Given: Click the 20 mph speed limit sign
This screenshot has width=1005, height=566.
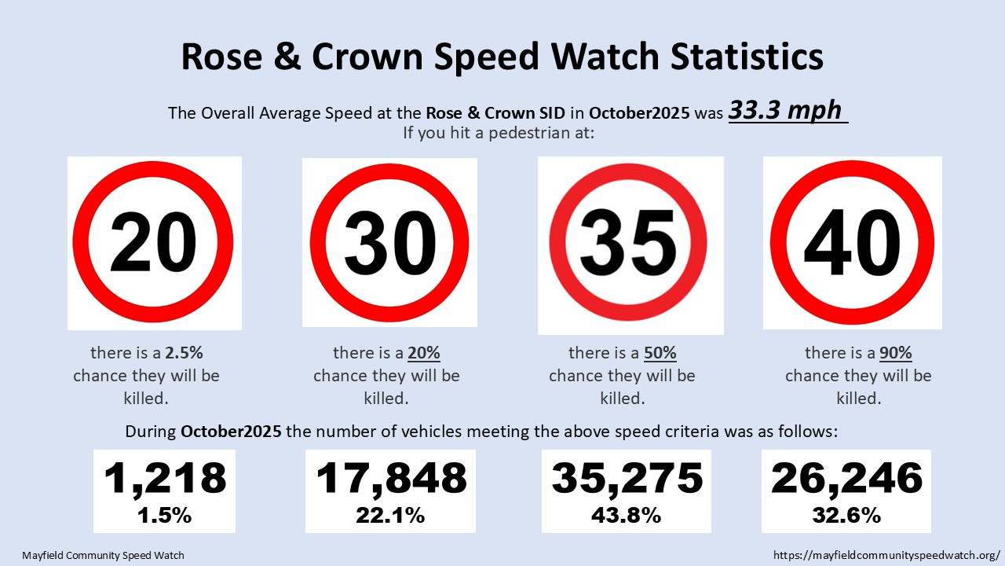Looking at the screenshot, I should [154, 243].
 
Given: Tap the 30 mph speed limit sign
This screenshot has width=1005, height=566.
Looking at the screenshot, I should [389, 243].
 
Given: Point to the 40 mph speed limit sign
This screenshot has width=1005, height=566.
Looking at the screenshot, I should [852, 243].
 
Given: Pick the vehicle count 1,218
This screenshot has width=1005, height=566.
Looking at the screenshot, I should [165, 478].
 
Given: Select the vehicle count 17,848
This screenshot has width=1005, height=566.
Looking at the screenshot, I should [391, 478].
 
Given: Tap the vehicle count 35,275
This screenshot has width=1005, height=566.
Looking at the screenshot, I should [627, 478].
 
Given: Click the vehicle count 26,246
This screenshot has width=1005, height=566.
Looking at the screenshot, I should [846, 478].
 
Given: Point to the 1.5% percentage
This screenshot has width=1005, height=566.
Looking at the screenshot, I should [165, 516].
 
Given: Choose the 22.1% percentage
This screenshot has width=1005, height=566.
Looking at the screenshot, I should [391, 516].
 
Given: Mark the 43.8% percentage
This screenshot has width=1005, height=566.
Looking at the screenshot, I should [627, 516].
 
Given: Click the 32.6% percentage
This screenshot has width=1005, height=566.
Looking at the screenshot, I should [846, 516].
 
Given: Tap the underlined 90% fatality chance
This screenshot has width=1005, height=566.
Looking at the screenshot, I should [896, 353].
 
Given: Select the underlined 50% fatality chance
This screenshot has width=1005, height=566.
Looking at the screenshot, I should [660, 353].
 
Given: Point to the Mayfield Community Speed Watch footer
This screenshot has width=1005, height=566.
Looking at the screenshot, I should [103, 555].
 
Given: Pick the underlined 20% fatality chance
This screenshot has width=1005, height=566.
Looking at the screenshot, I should [425, 353].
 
